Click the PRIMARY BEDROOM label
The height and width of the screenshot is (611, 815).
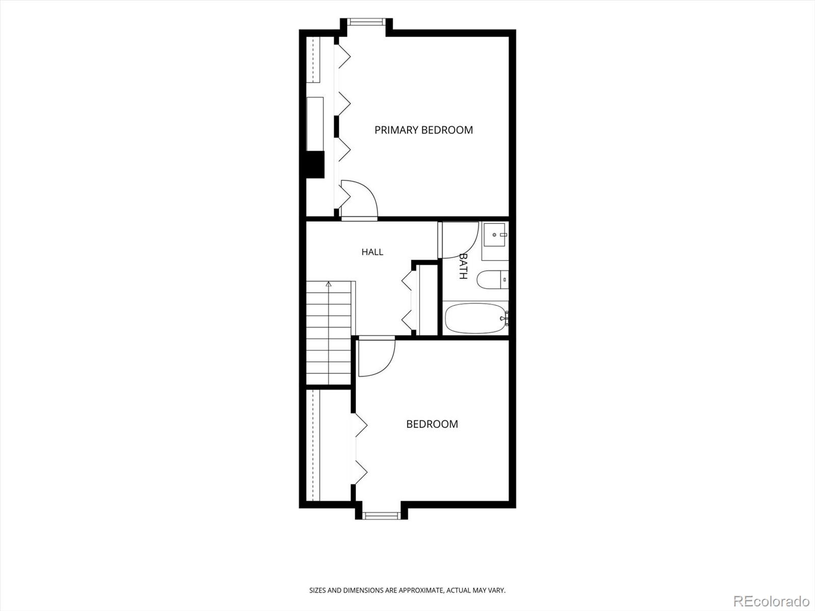pos(424,130)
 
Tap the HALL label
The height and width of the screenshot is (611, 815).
pos(372,252)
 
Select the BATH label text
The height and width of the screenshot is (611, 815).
pos(463,266)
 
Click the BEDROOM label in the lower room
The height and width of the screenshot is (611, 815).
pos(432,424)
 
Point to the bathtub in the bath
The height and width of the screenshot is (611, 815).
pos(476,318)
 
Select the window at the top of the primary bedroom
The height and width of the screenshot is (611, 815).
pos(366,22)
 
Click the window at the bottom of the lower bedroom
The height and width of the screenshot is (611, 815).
pos(382,515)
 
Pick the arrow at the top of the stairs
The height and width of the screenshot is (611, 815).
pos(329,284)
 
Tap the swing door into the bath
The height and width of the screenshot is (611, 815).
pos(459,240)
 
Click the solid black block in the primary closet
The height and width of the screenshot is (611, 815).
pos(315,164)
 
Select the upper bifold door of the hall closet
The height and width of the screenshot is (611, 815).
pos(407,281)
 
